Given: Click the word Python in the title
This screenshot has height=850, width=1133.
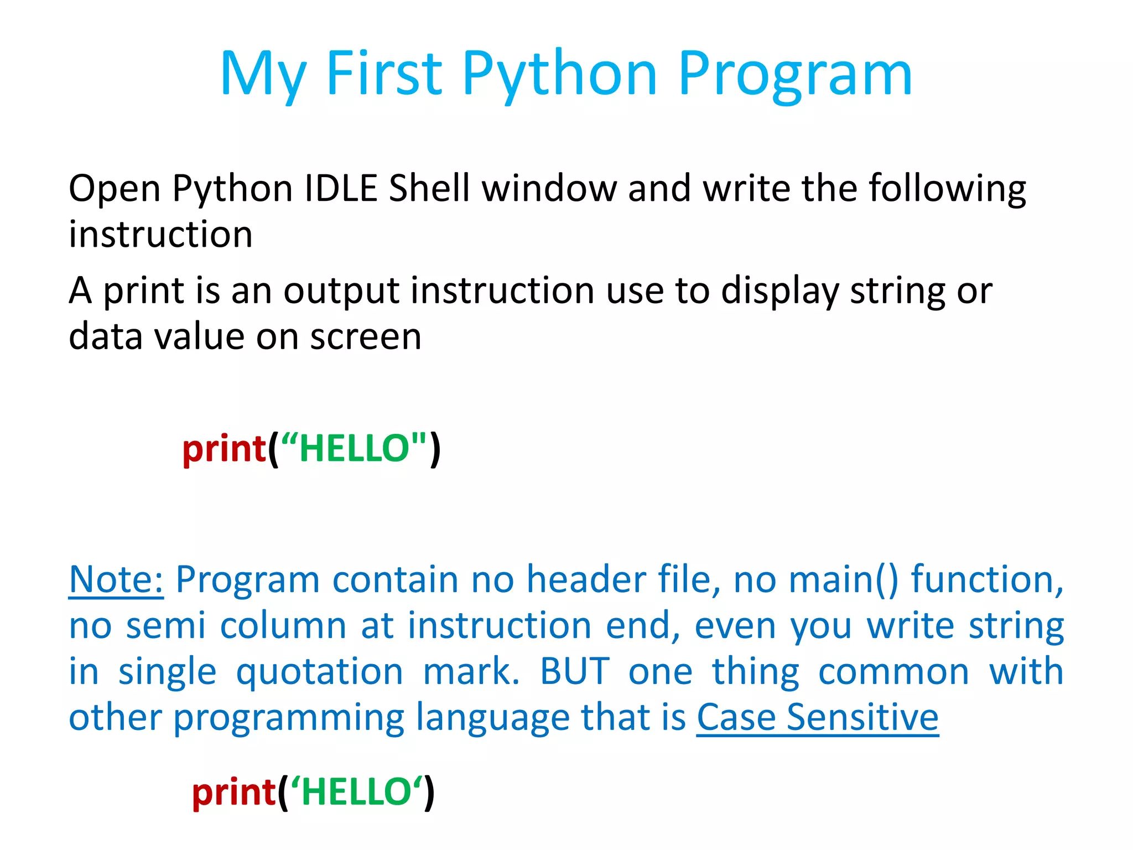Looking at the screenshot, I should coord(560,75).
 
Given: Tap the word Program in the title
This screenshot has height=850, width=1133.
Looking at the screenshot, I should coord(795,75).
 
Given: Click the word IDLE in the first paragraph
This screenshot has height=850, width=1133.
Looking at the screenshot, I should coord(341,188).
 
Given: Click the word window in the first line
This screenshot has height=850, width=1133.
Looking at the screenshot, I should coord(549,188).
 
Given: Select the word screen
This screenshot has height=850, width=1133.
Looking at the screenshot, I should coord(366,336).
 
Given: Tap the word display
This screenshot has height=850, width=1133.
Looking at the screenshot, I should coord(779,291).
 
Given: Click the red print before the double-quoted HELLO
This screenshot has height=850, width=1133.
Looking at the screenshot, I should coord(224,448).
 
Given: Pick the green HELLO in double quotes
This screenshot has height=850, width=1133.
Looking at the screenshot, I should coord(354,448).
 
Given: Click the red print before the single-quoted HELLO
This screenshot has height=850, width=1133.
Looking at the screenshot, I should coord(233,792).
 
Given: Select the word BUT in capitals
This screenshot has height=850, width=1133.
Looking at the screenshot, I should coord(575,671).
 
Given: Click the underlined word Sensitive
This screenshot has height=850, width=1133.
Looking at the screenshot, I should coord(862,717).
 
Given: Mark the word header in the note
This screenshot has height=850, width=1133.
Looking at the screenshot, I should coord(586,579).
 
